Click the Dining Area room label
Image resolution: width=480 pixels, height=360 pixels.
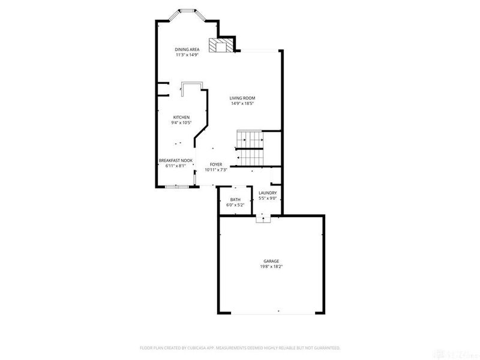coord(187,49)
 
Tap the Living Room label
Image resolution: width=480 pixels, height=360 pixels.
coord(243,98)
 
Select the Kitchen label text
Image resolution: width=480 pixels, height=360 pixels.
coord(181,117)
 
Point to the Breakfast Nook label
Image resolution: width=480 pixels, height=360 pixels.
coord(176,160)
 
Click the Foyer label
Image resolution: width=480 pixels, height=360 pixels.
coord(216,164)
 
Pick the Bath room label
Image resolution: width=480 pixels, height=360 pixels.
coord(235,199)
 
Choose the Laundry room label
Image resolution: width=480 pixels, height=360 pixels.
coord(268,193)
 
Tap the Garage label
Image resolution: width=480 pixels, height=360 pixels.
coord(271,261)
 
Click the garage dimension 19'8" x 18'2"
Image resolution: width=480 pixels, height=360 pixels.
coord(271,266)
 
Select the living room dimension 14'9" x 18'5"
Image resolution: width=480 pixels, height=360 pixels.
coord(243,103)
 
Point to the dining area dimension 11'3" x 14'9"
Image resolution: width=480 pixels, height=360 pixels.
coord(187,55)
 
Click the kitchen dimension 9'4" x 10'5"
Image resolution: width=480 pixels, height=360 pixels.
coord(181,122)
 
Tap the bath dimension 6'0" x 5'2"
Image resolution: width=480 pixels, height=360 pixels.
coord(235,205)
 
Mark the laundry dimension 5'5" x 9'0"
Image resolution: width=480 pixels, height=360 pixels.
coord(268,198)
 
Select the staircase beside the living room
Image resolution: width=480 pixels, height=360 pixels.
coord(250,148)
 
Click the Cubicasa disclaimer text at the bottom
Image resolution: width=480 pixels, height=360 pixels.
coord(240,347)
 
